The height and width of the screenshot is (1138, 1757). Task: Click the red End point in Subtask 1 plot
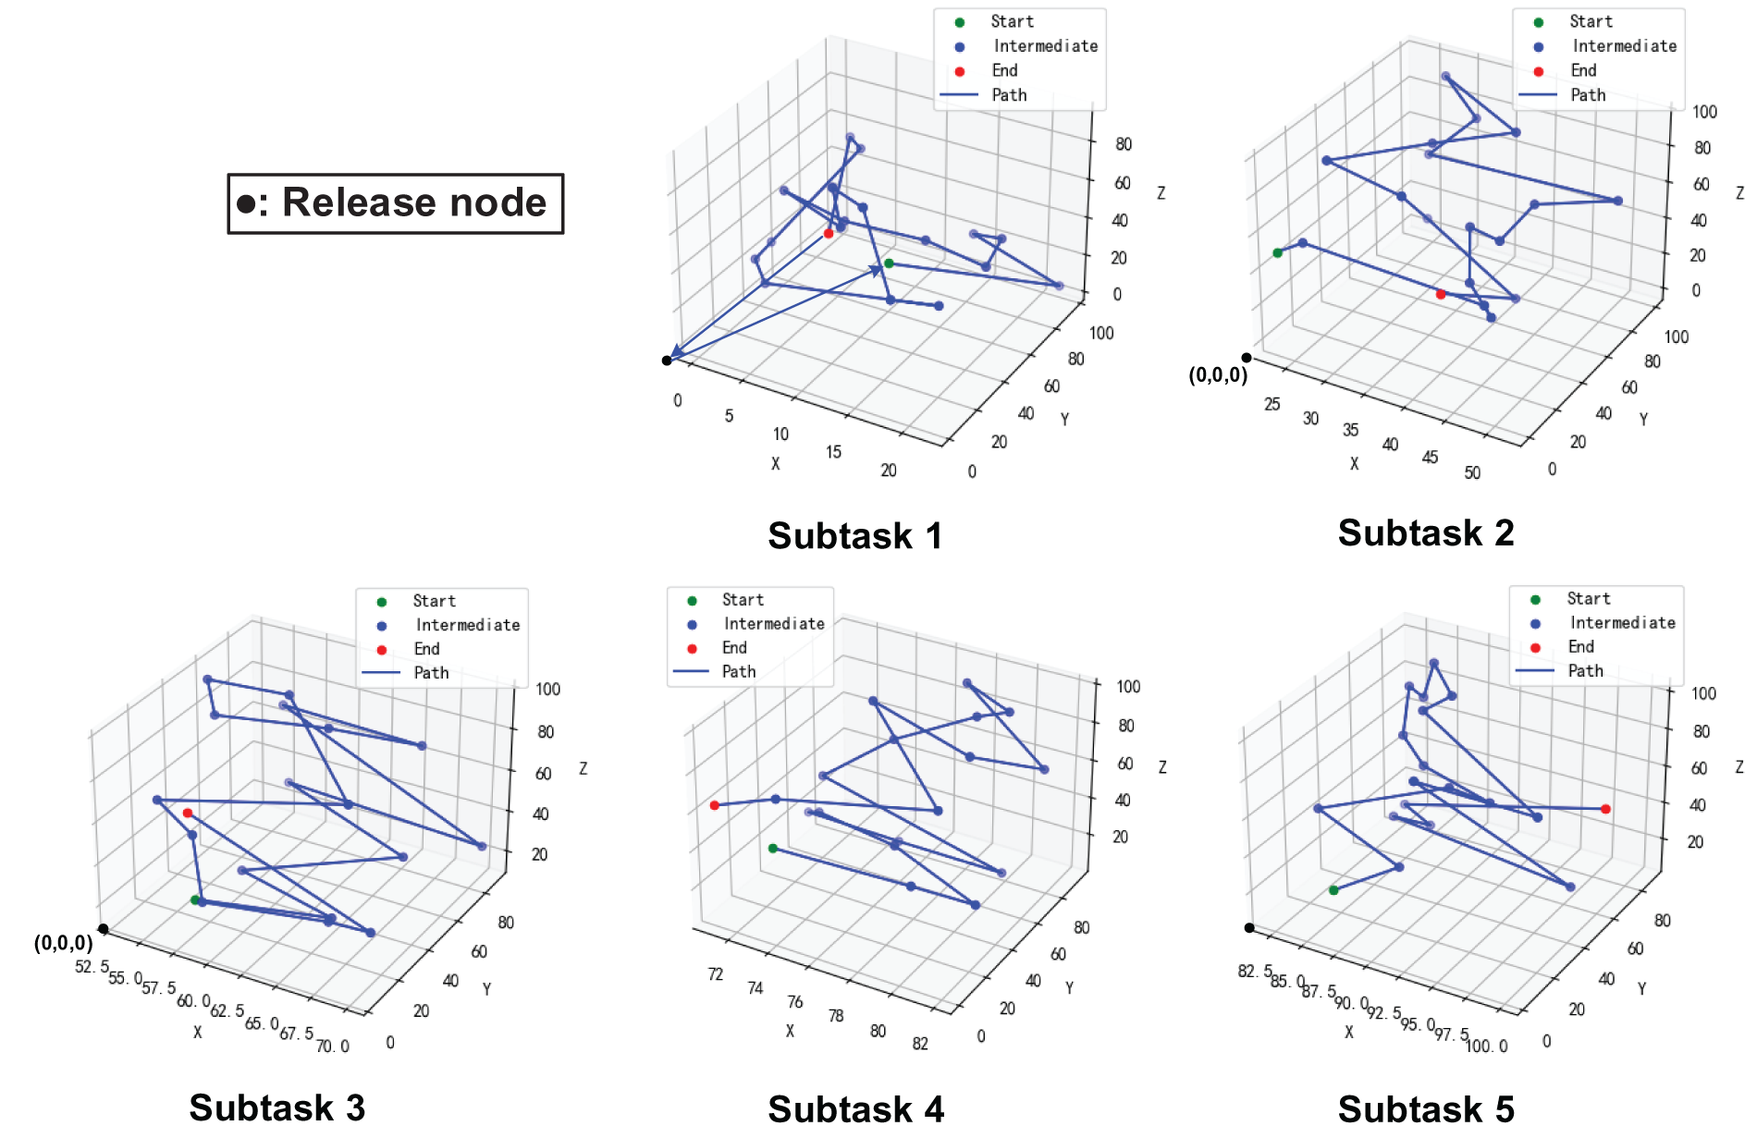829,234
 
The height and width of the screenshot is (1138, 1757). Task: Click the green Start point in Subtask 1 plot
889,263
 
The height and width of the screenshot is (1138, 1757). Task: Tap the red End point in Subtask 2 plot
1441,295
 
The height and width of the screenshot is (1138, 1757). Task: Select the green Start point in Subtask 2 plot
1278,253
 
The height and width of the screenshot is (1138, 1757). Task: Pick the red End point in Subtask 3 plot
188,814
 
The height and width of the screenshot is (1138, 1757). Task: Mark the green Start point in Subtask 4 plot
773,849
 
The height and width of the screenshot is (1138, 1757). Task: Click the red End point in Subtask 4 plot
714,805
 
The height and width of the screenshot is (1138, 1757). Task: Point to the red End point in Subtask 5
1605,809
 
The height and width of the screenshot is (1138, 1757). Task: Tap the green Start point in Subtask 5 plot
1333,890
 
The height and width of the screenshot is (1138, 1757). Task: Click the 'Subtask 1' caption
854,536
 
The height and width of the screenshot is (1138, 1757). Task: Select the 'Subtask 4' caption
855,1108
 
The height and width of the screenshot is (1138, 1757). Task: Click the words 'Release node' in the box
414,202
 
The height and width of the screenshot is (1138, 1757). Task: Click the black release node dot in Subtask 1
667,361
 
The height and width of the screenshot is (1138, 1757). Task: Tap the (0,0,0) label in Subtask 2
1218,375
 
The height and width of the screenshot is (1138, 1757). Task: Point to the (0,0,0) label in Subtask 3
64,943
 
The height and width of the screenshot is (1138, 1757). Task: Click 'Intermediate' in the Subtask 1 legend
1045,46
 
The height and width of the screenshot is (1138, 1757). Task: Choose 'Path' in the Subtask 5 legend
1585,671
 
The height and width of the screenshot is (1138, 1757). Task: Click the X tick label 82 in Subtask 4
920,1044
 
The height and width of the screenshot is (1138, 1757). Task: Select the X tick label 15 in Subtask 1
834,452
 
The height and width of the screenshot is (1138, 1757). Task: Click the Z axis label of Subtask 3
583,768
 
